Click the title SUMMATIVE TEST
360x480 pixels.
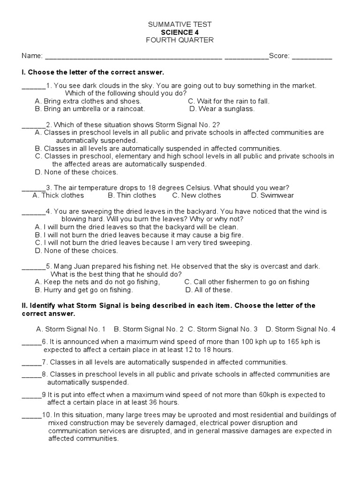pyautogui.click(x=180, y=24)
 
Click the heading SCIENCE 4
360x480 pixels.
pyautogui.click(x=180, y=32)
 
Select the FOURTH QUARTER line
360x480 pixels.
pyautogui.click(x=180, y=40)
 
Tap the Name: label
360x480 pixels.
pyautogui.click(x=32, y=56)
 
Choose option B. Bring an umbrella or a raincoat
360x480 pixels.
pyautogui.click(x=90, y=109)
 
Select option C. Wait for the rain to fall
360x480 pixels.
pyautogui.click(x=228, y=101)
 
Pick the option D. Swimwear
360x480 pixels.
pyautogui.click(x=272, y=195)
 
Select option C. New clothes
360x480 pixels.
pyautogui.click(x=196, y=195)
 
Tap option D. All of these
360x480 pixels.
pyautogui.click(x=209, y=290)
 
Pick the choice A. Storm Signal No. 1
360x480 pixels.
pyautogui.click(x=71, y=329)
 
